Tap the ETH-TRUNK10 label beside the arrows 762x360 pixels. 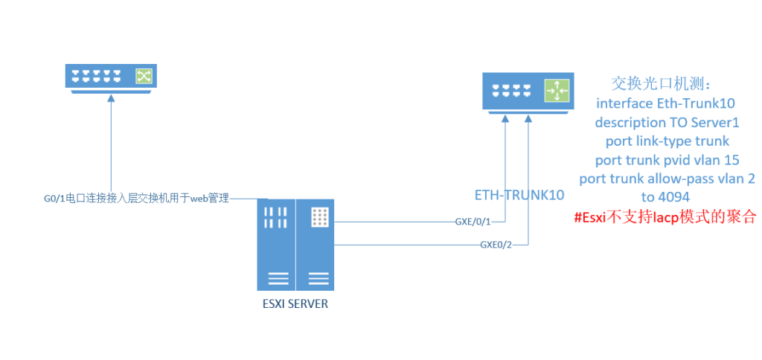pos(519,196)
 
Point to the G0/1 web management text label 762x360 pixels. pos(136,199)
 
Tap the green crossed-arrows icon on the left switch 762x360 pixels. pos(143,77)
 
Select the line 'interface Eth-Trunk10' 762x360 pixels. pos(665,103)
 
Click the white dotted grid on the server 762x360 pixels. pos(318,217)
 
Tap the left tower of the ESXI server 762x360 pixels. pos(276,245)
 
